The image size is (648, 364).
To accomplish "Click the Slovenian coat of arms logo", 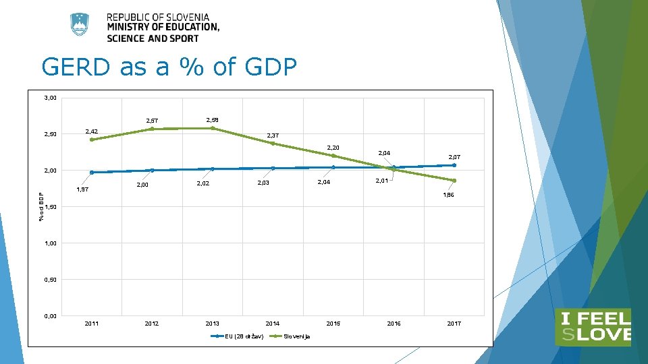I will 80,25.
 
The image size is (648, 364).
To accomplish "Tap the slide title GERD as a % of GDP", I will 169,67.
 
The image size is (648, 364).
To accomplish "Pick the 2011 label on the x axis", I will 92,324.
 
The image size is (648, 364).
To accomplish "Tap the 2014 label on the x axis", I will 273,324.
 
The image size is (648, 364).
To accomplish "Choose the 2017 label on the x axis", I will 454,324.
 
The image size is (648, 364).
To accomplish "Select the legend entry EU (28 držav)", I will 244,336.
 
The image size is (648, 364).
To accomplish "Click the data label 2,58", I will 211,120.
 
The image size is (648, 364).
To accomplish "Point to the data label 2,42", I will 91,131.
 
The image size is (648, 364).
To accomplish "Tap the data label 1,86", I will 448,195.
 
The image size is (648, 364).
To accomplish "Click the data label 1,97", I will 82,190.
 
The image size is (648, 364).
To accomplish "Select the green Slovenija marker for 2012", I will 152,129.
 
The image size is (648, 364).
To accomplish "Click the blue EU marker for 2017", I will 454,165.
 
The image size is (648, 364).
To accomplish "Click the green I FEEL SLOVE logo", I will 593,327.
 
